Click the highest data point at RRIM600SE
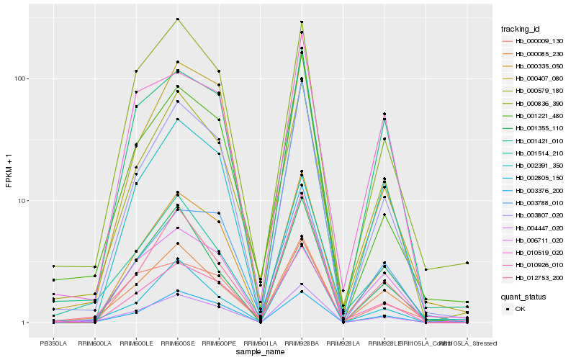(177, 19)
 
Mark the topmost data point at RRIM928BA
(302, 22)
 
